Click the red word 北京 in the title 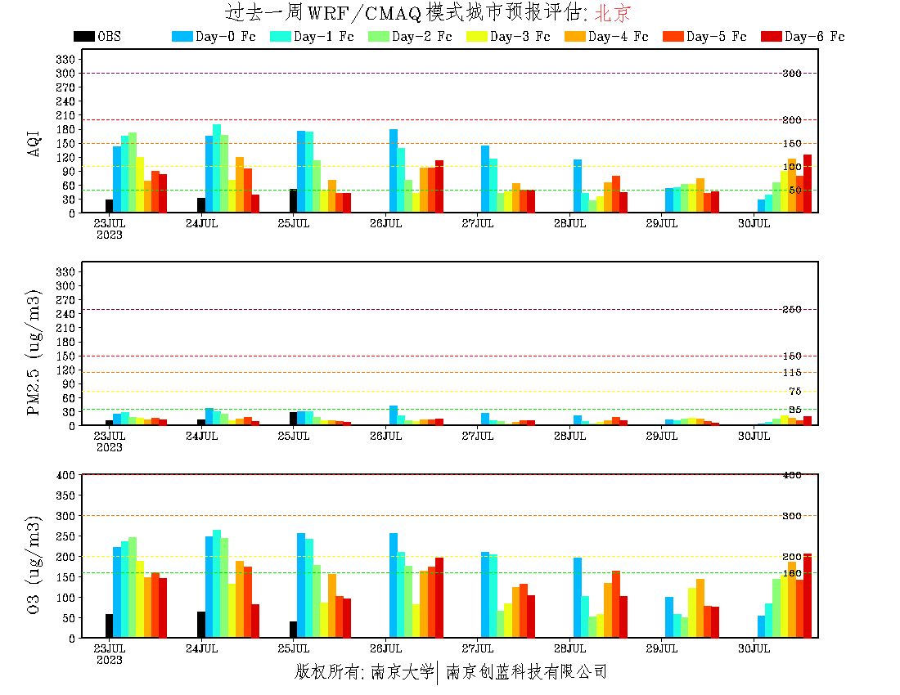click(x=613, y=12)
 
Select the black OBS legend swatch click(x=83, y=37)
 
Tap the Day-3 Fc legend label click(x=520, y=37)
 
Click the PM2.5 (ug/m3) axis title click(x=34, y=352)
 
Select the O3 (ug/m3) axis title click(x=34, y=564)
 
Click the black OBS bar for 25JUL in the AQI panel click(x=293, y=201)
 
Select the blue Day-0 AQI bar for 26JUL click(x=394, y=171)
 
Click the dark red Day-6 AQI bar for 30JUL click(x=808, y=183)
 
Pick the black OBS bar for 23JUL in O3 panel click(x=109, y=625)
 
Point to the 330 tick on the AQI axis click(x=66, y=59)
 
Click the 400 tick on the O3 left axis click(x=66, y=475)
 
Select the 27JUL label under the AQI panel click(x=478, y=223)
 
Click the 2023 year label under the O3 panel click(x=109, y=660)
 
